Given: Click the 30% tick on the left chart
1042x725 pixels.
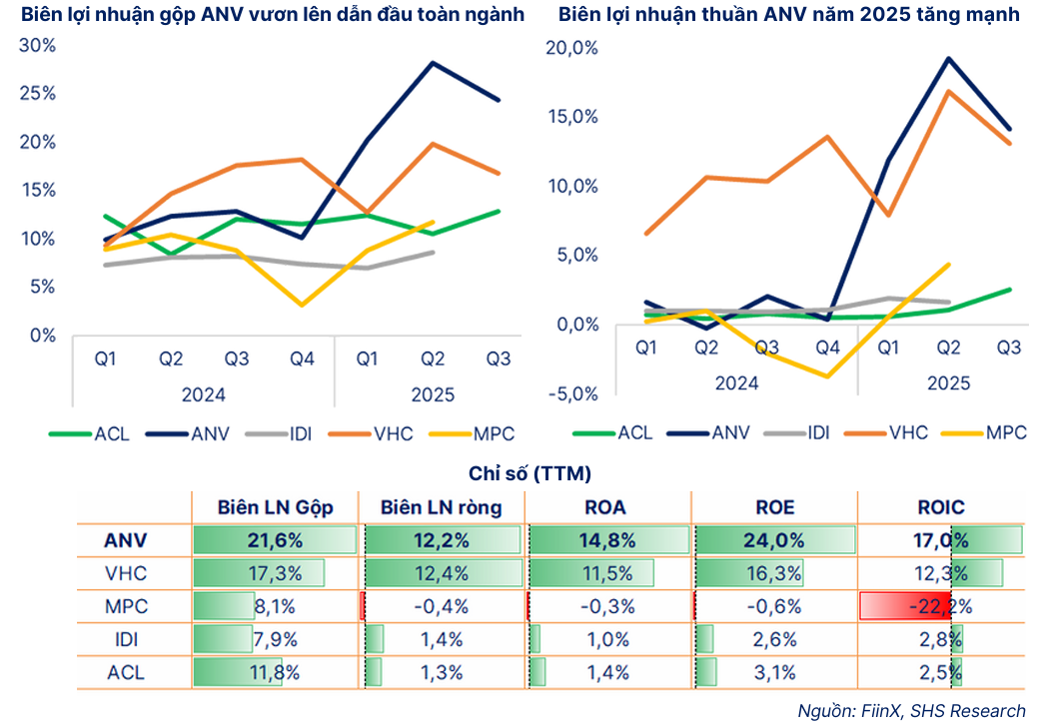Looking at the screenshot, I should (41, 46).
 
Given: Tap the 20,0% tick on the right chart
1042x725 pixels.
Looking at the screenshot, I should (572, 47).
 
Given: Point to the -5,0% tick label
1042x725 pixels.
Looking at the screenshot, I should (572, 393).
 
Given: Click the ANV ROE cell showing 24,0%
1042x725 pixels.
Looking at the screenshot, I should (774, 540).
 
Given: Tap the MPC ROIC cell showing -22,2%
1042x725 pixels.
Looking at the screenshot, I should (941, 606).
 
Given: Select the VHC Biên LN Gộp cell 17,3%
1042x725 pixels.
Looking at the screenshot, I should (275, 573).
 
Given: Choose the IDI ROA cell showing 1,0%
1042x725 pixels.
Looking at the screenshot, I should (608, 639).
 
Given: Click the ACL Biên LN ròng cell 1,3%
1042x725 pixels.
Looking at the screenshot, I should (442, 672).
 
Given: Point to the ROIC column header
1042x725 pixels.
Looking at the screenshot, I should (941, 507).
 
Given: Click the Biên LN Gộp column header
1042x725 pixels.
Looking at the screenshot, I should (275, 507).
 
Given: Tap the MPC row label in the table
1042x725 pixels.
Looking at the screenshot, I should (126, 606).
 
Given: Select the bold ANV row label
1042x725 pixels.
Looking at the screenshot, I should (126, 540).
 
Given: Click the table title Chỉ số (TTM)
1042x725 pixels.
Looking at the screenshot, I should (529, 473).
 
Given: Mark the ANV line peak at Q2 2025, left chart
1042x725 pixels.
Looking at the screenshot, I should (433, 63).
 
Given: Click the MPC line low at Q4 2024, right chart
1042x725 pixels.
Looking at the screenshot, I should (828, 376).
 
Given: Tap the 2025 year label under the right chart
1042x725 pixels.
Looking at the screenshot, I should (948, 382).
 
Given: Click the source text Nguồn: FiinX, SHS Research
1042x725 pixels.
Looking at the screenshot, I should (911, 710).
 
